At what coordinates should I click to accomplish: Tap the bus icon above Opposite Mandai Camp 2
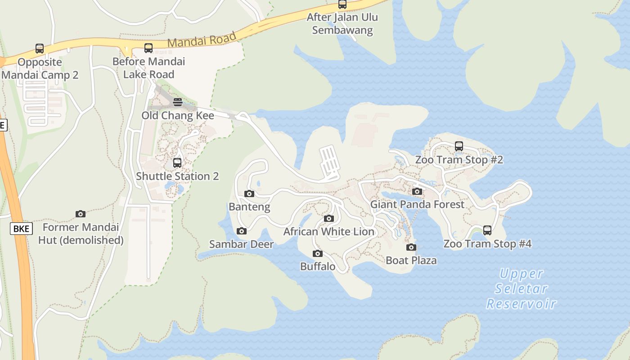click(40, 49)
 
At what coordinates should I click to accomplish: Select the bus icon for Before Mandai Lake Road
click(148, 48)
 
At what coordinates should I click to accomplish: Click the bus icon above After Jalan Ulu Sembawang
click(342, 4)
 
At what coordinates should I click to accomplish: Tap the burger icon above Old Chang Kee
click(178, 102)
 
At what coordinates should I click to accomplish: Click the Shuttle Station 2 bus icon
click(177, 163)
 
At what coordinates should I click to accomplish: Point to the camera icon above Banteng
click(249, 194)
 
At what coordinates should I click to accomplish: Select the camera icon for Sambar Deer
click(242, 231)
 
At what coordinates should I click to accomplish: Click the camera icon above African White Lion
click(329, 219)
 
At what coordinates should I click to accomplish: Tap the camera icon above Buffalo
click(318, 254)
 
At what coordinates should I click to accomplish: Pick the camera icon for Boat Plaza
click(411, 247)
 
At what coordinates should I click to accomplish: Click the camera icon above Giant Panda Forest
click(417, 192)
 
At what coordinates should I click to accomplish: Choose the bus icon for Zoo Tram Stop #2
click(459, 146)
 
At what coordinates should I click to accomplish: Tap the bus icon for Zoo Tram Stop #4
click(487, 231)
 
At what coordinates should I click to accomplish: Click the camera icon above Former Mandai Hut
click(81, 214)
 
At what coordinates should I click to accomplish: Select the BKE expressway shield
click(21, 229)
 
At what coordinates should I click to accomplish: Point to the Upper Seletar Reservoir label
click(522, 288)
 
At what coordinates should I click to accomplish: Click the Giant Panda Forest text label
click(417, 205)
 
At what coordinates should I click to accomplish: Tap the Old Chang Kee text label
click(178, 116)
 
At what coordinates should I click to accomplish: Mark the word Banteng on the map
click(249, 207)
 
